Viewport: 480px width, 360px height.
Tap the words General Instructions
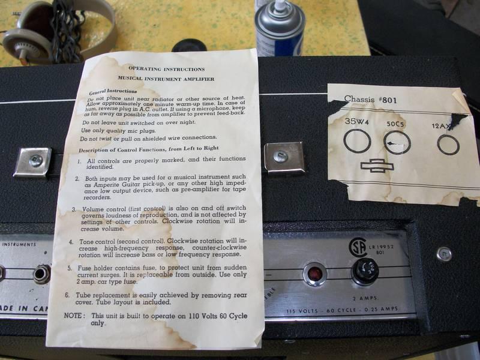click(x=113, y=92)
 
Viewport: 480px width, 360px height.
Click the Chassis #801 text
click(x=370, y=99)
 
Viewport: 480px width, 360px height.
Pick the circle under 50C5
click(x=397, y=143)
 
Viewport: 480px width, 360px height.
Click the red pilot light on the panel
click(x=314, y=274)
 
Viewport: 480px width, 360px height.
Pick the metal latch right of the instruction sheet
click(x=283, y=157)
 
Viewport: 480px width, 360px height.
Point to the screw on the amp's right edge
click(x=444, y=254)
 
